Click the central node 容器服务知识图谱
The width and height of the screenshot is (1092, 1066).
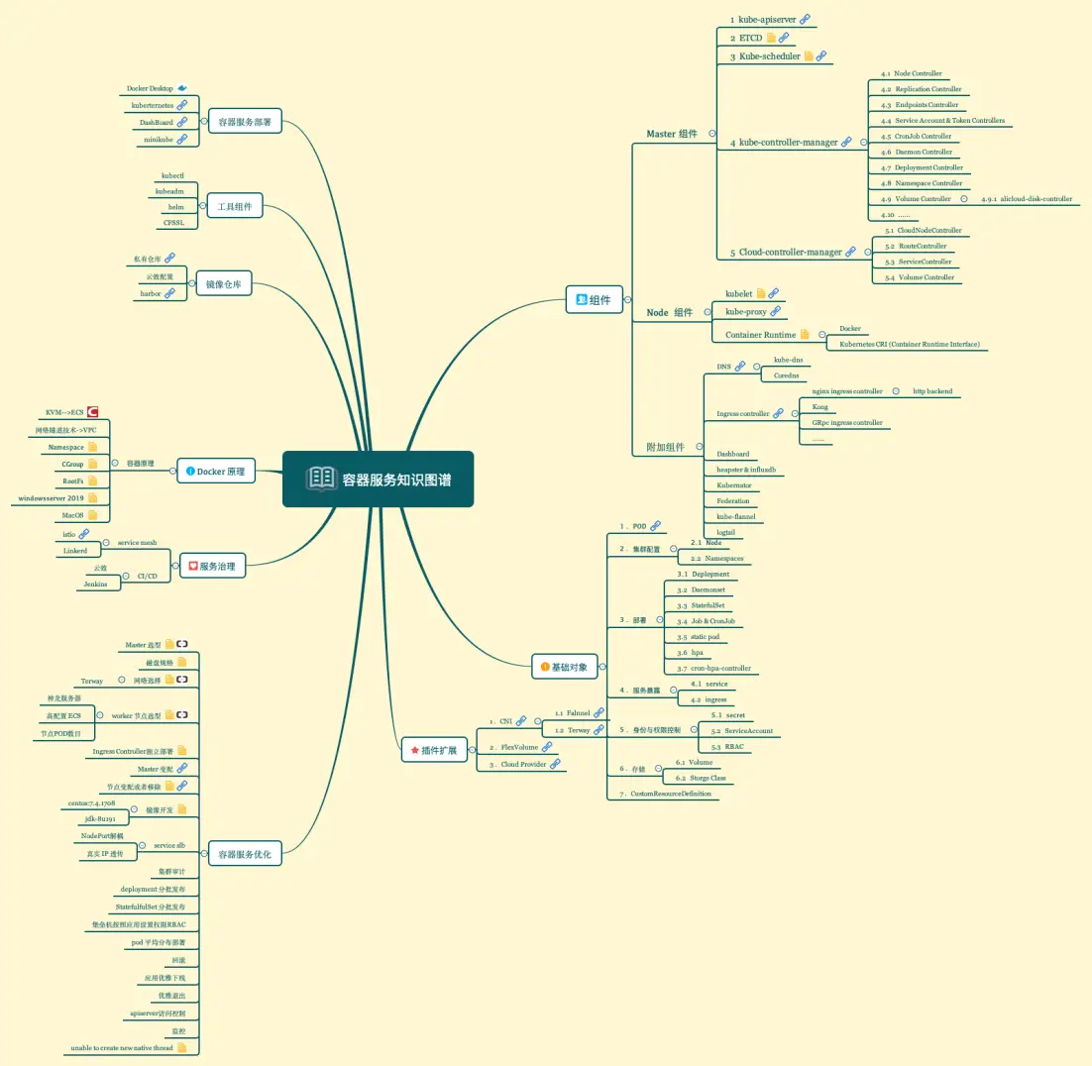[378, 480]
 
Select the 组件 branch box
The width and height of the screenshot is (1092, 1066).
[594, 299]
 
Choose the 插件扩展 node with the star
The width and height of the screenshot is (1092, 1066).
[433, 750]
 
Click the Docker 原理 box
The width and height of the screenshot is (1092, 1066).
[215, 472]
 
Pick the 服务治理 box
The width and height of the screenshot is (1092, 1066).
[212, 567]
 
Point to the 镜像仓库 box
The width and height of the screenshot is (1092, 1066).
[223, 284]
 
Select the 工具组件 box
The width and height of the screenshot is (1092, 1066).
[234, 207]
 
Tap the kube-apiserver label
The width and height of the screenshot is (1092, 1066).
[763, 19]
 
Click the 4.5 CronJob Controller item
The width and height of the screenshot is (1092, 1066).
[917, 136]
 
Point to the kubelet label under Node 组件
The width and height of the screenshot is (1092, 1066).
[739, 293]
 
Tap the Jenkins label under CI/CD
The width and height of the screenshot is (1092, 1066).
[98, 584]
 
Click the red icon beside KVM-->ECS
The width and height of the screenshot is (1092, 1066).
[92, 411]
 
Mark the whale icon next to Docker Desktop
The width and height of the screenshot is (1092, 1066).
[182, 88]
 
